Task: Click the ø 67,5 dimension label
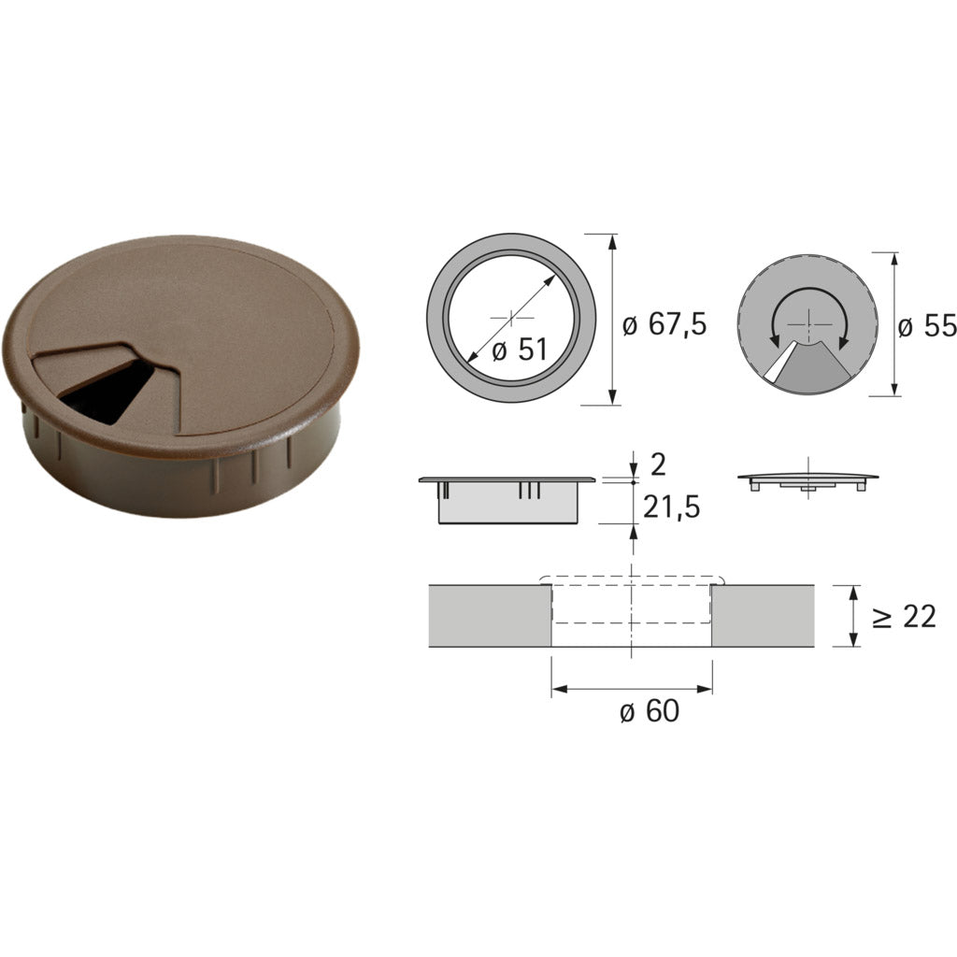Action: pos(664,323)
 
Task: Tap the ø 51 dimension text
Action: pos(520,350)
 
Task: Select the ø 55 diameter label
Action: pos(927,326)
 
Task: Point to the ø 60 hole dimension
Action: pos(650,711)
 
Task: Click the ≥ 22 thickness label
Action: pos(904,618)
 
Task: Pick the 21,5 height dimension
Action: pos(671,507)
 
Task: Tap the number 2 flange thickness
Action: pos(658,465)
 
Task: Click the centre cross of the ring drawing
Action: pos(511,318)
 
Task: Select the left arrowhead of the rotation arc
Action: pos(775,343)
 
